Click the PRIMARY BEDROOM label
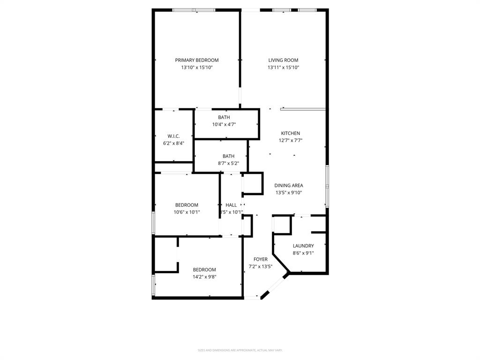197,60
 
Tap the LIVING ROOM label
283,60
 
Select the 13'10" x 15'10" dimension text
197,67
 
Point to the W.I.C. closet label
173,136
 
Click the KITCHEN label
290,133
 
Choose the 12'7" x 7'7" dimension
290,141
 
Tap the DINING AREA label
289,185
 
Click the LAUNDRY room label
303,246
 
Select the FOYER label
261,259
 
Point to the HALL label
231,205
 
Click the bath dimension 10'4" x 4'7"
224,125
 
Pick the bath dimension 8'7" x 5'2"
228,164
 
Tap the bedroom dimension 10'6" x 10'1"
187,212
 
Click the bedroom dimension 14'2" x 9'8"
204,277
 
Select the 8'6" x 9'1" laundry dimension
303,253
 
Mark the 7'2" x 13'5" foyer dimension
261,267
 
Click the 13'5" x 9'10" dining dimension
289,193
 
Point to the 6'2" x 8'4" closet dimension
173,143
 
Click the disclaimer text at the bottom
240,350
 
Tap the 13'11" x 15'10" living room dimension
283,67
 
